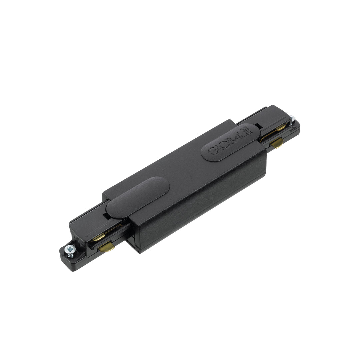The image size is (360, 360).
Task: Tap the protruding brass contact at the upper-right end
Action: [277, 144]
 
